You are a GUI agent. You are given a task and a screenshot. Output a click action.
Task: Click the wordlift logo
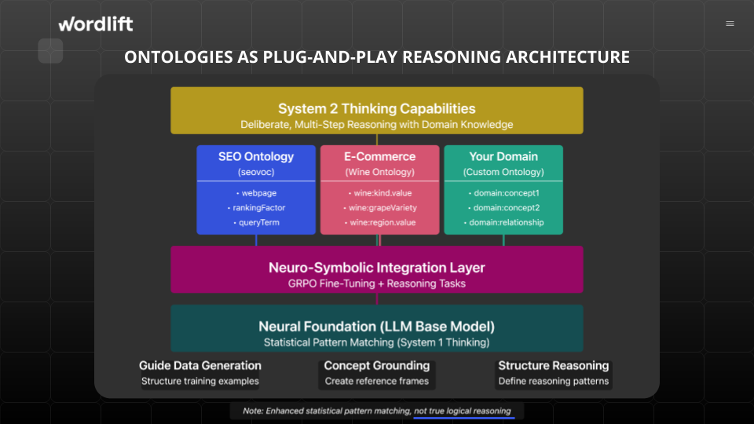(96, 24)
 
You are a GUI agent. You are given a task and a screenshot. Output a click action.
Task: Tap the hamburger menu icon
(730, 24)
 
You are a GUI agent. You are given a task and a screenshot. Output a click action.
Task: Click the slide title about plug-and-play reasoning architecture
(377, 57)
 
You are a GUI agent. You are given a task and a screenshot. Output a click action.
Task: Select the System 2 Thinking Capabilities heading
(377, 108)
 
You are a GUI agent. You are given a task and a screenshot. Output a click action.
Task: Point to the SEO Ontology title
(256, 156)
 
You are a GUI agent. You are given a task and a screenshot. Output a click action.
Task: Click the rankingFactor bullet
(256, 207)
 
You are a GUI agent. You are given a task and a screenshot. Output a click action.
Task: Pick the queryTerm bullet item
(256, 222)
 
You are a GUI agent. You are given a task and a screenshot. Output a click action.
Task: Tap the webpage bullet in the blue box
(256, 193)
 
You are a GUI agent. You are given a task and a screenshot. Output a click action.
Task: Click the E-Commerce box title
(380, 156)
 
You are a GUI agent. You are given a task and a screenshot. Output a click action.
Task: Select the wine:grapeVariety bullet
(380, 207)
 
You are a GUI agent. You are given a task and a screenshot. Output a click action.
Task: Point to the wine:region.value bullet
(380, 222)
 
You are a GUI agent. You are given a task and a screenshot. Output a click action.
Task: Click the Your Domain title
(503, 156)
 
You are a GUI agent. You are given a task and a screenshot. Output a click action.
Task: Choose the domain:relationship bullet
(503, 222)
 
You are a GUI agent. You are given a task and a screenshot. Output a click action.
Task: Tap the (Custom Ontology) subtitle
(503, 172)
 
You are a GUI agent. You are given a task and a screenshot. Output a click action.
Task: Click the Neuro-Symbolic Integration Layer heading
(377, 268)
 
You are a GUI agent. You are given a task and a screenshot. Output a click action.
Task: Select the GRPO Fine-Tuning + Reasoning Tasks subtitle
(377, 283)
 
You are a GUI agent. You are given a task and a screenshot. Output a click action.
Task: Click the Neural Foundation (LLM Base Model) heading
(377, 327)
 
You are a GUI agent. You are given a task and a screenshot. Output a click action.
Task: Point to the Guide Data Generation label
(200, 365)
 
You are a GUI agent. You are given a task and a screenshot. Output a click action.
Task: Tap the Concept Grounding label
(377, 365)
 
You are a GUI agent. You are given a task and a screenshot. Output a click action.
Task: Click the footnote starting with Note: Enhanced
(377, 411)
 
